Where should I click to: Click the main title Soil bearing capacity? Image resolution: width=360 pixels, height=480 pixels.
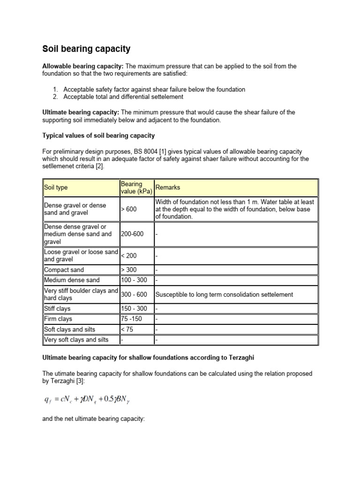pyautogui.click(x=87, y=49)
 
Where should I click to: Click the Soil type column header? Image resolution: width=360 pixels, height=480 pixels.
pyautogui.click(x=56, y=187)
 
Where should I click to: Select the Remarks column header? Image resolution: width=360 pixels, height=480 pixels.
pyautogui.click(x=167, y=187)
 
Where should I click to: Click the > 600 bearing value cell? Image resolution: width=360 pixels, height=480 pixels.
pyautogui.click(x=129, y=209)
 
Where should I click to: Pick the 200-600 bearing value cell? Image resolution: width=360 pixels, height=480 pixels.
pyautogui.click(x=133, y=234)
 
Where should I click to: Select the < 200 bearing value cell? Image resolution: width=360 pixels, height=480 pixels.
pyautogui.click(x=129, y=256)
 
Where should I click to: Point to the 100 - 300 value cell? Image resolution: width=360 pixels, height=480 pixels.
pyautogui.click(x=134, y=280)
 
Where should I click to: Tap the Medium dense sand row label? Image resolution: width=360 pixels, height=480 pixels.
pyautogui.click(x=72, y=280)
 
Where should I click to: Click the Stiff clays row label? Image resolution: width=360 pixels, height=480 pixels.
pyautogui.click(x=57, y=309)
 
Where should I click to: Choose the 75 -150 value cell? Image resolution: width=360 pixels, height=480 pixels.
pyautogui.click(x=131, y=319)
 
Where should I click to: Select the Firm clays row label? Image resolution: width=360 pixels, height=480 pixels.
pyautogui.click(x=58, y=319)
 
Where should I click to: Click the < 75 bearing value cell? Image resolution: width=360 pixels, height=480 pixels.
pyautogui.click(x=127, y=329)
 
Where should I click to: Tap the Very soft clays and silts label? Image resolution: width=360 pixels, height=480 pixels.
pyautogui.click(x=76, y=339)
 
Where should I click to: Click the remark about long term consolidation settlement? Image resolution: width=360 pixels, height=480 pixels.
pyautogui.click(x=224, y=294)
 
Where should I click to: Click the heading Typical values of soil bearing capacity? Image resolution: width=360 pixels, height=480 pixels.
pyautogui.click(x=99, y=135)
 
